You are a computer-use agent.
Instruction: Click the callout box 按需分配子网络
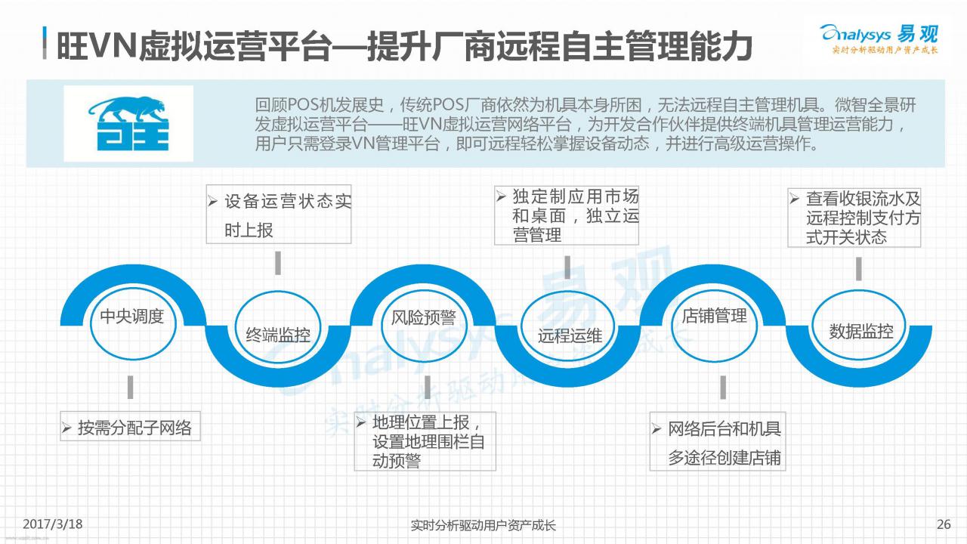pos(130,426)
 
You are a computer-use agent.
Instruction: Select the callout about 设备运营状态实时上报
pos(279,214)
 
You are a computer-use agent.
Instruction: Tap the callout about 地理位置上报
pos(425,441)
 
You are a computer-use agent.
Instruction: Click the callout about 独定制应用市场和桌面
pos(567,215)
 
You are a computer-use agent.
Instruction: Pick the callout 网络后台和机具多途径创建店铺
pos(718,441)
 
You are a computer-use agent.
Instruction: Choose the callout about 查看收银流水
pos(854,218)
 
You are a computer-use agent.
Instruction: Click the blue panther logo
pos(128,123)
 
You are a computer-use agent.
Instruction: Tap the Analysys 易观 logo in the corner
pos(879,39)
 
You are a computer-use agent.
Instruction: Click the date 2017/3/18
pos(52,524)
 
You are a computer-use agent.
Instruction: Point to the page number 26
pos(944,524)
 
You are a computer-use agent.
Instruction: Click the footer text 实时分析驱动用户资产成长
pos(483,525)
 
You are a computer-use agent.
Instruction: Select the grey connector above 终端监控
pos(278,263)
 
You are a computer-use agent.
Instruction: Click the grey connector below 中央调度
pos(131,388)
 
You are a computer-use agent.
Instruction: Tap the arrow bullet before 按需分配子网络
pos(66,428)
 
